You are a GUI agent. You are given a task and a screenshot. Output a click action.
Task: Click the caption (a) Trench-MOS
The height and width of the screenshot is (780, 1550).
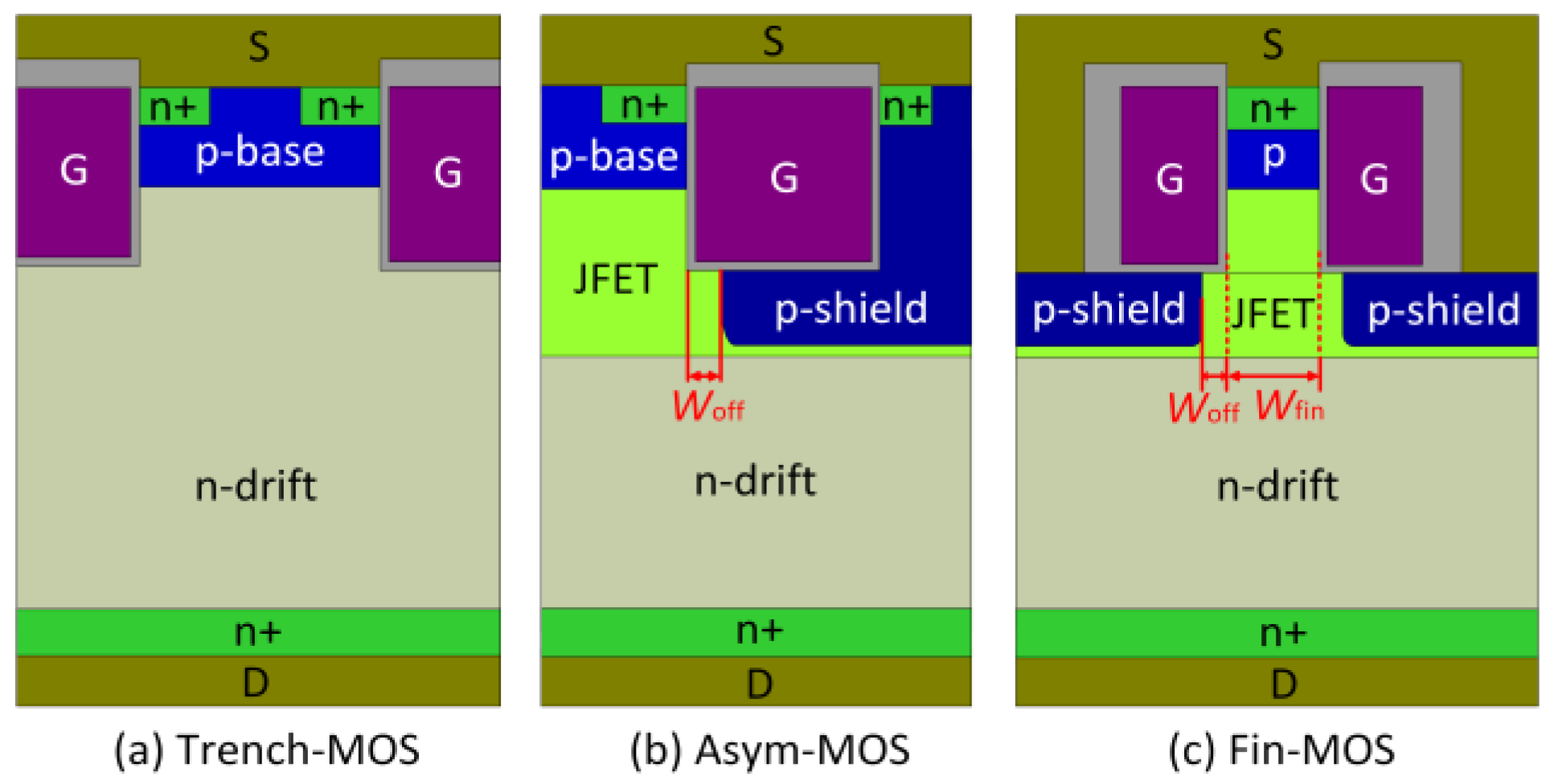(x=266, y=749)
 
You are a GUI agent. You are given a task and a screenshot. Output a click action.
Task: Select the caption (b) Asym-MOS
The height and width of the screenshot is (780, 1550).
(x=769, y=749)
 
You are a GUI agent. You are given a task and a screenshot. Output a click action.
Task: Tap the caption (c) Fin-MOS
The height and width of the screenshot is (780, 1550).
(x=1281, y=749)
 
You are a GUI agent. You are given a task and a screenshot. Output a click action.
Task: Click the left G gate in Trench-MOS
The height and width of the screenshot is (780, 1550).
(x=73, y=171)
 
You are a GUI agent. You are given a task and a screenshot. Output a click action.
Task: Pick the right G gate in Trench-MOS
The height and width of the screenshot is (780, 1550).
(x=447, y=174)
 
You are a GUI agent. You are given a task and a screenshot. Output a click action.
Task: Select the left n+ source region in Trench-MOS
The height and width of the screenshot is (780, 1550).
(x=174, y=107)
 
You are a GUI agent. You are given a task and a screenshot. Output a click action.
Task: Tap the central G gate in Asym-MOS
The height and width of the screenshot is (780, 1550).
(x=784, y=177)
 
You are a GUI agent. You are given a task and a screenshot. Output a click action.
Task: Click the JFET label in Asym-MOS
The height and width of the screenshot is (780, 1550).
(x=615, y=280)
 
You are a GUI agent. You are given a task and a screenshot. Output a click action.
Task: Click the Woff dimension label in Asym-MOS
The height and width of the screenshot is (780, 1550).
(x=707, y=406)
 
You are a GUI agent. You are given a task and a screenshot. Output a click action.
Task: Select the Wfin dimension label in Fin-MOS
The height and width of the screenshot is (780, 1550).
(x=1290, y=406)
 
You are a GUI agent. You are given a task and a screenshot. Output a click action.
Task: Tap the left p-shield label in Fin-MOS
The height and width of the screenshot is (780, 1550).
(x=1108, y=310)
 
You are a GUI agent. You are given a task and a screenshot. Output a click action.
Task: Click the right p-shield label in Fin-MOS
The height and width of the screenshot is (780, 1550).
(x=1443, y=310)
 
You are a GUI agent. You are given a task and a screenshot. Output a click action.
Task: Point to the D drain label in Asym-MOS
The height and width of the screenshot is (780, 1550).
(x=759, y=684)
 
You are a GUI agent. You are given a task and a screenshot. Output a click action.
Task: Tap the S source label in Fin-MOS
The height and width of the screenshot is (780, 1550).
(x=1272, y=43)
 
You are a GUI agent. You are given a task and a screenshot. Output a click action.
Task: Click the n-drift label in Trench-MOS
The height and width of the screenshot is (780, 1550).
(x=256, y=486)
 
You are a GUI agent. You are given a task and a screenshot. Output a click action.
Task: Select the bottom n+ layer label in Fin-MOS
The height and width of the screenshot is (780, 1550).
(x=1282, y=633)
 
